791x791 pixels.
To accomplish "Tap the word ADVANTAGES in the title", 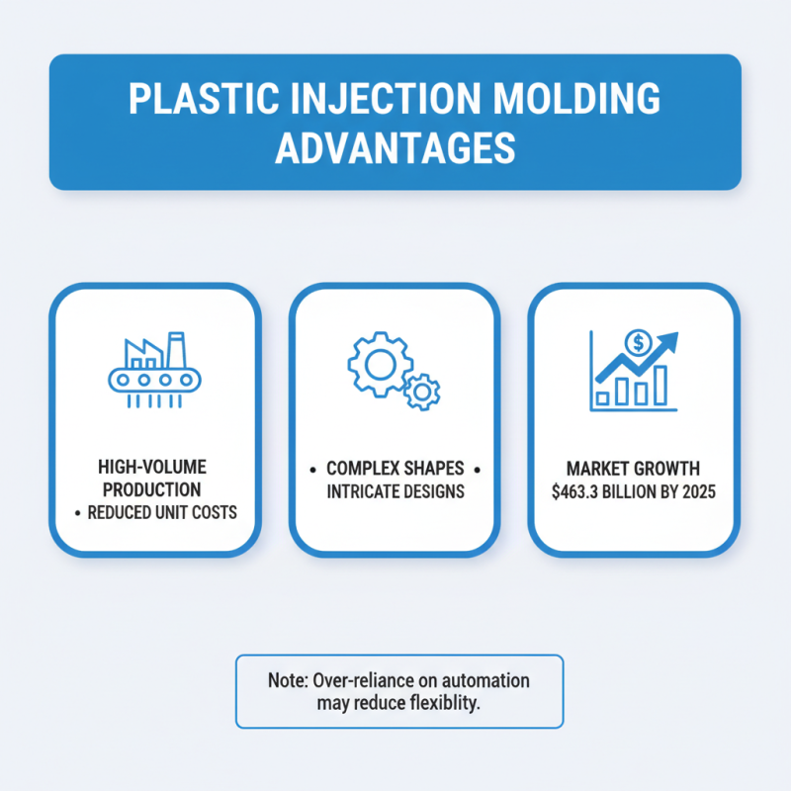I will [395, 148].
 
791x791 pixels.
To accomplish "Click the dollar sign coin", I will [638, 343].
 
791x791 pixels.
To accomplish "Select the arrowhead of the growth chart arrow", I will [670, 341].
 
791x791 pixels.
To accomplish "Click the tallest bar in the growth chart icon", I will [659, 387].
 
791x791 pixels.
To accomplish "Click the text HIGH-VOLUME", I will [153, 467].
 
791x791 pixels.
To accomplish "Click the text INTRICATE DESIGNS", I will [395, 490].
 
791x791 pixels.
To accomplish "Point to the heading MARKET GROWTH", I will [633, 468].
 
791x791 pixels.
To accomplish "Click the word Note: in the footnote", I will [288, 681].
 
